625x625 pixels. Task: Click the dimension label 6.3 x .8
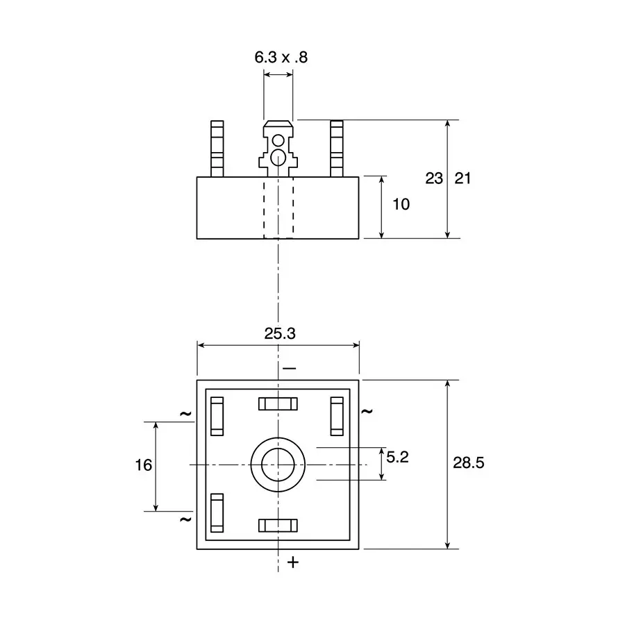pos(281,58)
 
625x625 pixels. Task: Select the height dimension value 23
pos(434,178)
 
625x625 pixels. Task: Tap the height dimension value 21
pos(462,178)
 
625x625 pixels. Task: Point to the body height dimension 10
pos(401,204)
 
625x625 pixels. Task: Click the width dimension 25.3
pos(280,333)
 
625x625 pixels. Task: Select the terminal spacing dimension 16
pos(143,465)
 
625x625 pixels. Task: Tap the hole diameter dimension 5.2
pos(398,457)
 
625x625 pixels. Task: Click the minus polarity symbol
pos(290,367)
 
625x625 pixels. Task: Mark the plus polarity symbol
pos(293,562)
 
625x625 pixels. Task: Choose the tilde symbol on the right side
pos(367,411)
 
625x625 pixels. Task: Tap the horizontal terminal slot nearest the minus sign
pos(278,403)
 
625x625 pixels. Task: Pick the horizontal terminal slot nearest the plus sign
pos(278,526)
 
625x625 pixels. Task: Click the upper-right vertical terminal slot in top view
pos(337,416)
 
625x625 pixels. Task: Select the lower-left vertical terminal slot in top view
pos(218,512)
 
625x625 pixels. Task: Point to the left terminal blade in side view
pos(218,148)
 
